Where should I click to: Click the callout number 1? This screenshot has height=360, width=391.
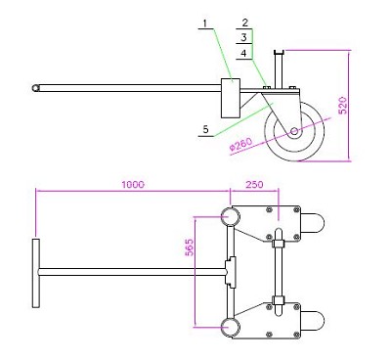205,23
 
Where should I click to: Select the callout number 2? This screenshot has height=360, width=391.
245,22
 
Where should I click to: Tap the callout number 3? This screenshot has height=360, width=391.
244,37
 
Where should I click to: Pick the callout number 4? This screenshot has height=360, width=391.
244,53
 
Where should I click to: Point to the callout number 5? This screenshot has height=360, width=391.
205,129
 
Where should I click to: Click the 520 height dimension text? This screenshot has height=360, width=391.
343,106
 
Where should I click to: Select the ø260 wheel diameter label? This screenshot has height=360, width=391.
240,144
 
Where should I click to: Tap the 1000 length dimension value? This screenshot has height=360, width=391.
133,185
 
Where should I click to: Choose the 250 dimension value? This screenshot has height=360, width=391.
254,185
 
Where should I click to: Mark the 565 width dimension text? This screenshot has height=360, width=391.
190,247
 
